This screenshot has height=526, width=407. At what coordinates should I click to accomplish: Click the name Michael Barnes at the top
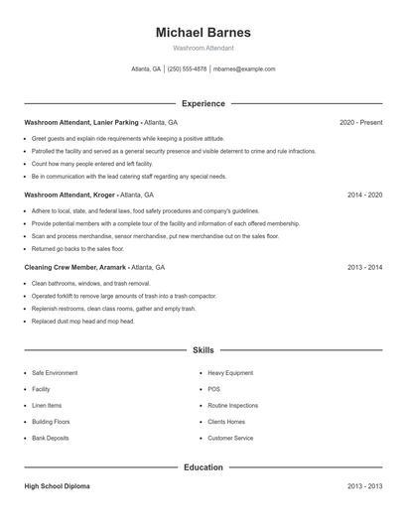click(x=203, y=32)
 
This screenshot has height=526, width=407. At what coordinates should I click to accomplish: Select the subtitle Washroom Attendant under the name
click(x=203, y=48)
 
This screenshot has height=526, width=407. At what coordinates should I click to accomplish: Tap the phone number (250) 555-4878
click(x=187, y=69)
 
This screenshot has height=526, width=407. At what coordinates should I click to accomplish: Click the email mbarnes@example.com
click(x=245, y=69)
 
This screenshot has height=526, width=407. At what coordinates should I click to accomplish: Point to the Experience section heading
click(x=203, y=103)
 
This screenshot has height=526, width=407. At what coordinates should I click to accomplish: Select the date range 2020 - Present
click(x=360, y=123)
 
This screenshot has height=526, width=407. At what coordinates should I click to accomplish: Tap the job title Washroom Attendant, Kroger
click(x=70, y=196)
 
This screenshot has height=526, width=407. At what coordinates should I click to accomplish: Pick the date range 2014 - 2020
click(x=364, y=196)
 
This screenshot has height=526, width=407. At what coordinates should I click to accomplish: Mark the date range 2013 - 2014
click(x=364, y=268)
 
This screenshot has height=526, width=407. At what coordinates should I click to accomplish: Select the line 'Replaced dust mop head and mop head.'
click(x=82, y=322)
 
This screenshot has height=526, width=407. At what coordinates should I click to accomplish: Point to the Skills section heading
click(x=203, y=350)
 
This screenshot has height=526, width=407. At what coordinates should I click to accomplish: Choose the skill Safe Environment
click(x=55, y=373)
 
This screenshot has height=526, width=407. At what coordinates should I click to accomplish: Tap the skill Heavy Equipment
click(x=229, y=373)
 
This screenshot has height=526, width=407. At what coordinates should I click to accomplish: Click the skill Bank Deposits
click(x=50, y=438)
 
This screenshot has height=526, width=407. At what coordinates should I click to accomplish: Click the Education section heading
click(x=203, y=466)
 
